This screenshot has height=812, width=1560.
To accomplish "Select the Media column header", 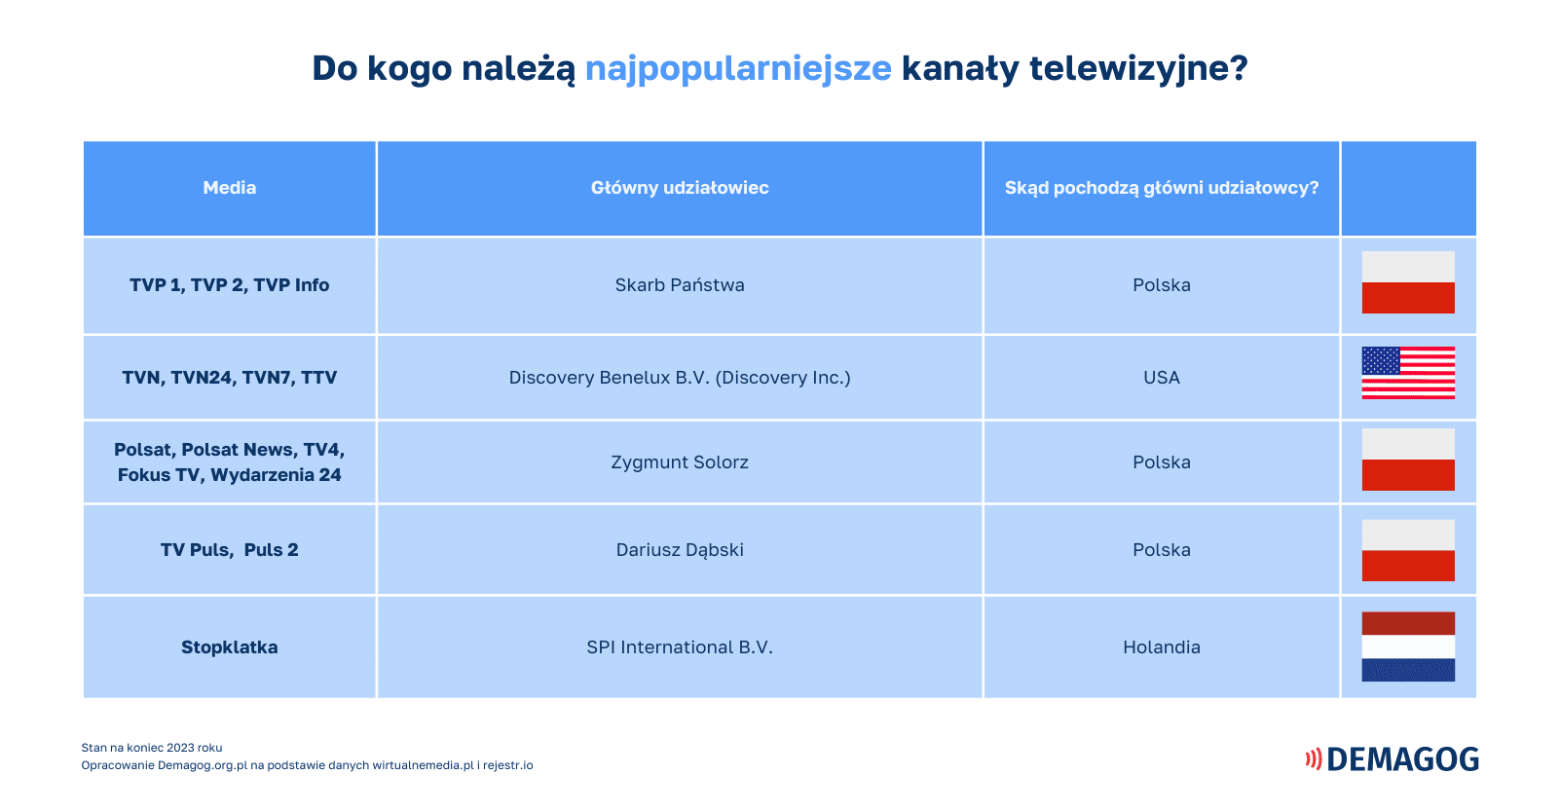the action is coord(229,188).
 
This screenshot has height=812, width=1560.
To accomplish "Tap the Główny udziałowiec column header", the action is coord(680,188).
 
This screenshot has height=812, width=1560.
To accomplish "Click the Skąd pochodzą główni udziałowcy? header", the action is coord(1162,188).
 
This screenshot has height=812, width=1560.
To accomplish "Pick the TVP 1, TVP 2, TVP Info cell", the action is coord(229,285).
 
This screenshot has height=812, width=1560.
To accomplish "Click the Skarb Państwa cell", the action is coord(680,285).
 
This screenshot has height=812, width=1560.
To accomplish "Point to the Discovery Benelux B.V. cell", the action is coord(680,378).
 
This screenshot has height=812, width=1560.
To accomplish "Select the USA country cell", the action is coord(1162,378).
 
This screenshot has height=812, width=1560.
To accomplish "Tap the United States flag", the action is coord(1408,373).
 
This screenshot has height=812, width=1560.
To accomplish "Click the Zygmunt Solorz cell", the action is coord(680,462).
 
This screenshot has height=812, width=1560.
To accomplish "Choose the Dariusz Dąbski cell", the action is coord(680,550).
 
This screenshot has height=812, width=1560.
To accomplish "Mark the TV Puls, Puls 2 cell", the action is coord(229,550).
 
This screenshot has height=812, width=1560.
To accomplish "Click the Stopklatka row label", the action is coord(229,647).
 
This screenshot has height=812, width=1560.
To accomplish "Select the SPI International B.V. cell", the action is coord(680,647).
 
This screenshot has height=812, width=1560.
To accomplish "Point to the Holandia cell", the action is coord(1162,647).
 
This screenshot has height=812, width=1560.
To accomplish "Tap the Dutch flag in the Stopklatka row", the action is coord(1408,646).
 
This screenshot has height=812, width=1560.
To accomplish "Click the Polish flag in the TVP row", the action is coord(1408,282).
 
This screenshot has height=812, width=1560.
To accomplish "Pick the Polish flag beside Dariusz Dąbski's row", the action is coord(1408,550).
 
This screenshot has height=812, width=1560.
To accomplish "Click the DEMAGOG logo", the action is coord(1393,759).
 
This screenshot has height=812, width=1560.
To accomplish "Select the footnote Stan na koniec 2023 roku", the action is coord(152,748).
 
